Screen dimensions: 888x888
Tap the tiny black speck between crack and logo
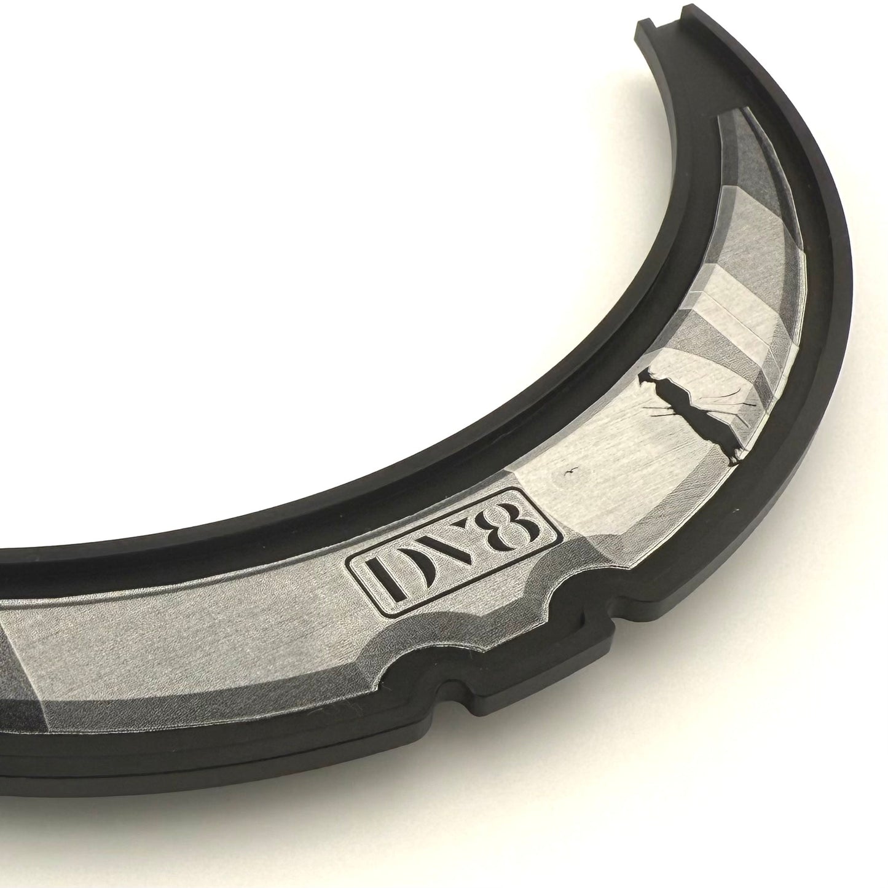(x=570, y=471)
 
